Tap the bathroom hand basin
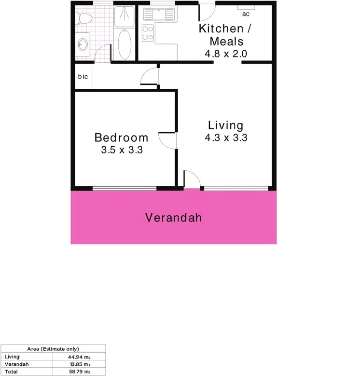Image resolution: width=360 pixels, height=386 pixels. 83,44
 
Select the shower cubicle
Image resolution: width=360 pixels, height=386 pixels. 125,16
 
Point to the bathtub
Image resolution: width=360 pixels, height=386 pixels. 125,45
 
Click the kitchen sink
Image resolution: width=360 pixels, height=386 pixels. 160,14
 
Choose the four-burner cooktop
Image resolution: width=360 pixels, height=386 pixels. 148,33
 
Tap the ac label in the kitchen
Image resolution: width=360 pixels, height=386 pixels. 246,14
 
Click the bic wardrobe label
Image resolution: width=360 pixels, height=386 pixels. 83,76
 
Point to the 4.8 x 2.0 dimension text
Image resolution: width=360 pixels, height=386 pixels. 226,54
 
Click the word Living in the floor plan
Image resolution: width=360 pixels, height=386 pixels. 225,125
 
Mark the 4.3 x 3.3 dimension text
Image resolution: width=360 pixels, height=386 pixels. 226,138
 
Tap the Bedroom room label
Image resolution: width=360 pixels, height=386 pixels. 121,138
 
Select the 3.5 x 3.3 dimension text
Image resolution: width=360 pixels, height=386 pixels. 122,150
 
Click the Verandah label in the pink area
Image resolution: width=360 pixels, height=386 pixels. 173,218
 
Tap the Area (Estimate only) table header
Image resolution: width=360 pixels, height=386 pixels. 53,348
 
